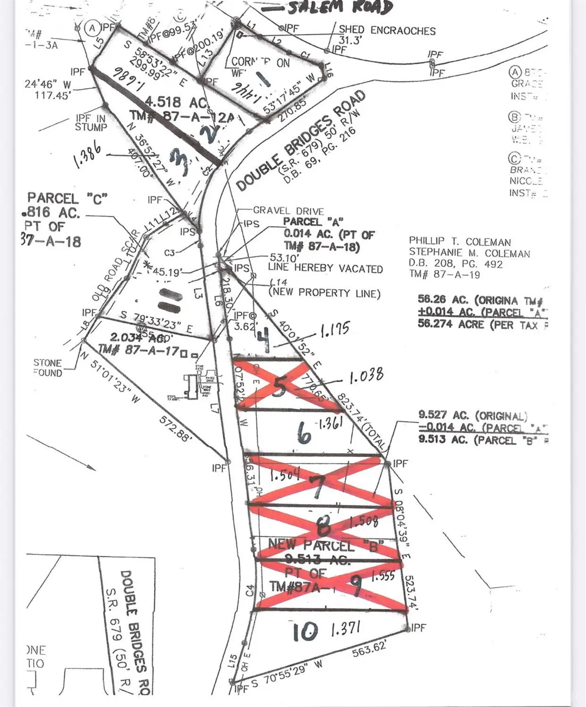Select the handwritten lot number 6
(303, 432)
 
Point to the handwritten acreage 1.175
(335, 329)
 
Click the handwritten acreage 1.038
(366, 377)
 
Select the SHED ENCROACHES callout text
(387, 30)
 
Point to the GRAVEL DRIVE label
(288, 211)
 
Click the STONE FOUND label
(47, 368)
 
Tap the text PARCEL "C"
(67, 198)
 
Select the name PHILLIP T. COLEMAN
(460, 242)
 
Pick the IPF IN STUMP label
(91, 123)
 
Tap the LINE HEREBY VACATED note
(325, 268)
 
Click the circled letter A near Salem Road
(92, 28)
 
